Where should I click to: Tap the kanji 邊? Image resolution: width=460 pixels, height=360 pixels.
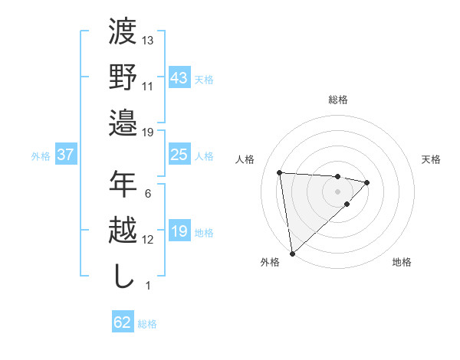click(123, 122)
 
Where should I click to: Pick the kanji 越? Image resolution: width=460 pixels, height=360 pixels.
click(123, 230)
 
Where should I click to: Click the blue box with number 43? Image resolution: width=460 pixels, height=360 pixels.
click(179, 78)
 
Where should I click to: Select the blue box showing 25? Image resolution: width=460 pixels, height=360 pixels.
click(179, 155)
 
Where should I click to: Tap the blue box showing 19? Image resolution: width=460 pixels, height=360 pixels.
click(179, 231)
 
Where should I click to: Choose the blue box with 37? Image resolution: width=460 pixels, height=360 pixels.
click(65, 155)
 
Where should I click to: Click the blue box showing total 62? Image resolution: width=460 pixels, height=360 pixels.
click(123, 322)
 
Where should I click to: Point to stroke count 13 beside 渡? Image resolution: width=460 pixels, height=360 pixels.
click(148, 40)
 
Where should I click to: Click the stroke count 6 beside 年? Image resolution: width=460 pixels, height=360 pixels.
click(147, 193)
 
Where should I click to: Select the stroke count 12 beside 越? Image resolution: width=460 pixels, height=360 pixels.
click(148, 239)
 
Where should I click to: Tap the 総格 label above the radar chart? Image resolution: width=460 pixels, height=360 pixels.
click(337, 100)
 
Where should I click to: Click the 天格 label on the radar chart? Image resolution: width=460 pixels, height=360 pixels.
click(431, 159)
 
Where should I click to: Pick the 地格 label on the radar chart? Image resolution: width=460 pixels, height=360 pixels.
click(402, 263)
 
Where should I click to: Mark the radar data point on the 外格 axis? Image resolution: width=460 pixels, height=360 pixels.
click(292, 253)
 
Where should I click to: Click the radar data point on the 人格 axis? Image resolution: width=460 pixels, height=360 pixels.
click(280, 172)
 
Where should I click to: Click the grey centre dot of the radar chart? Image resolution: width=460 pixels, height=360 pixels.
click(337, 191)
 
